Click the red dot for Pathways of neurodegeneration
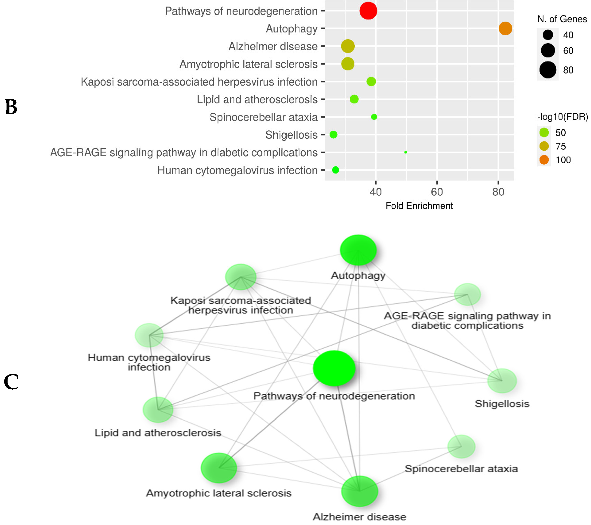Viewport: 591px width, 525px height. tap(368, 11)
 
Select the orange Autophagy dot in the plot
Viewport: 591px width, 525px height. tap(505, 28)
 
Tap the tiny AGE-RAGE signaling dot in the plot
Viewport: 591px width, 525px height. tap(406, 152)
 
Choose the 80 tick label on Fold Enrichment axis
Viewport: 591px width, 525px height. tap(498, 192)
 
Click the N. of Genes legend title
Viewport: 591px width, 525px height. tap(562, 19)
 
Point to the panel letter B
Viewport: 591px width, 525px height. tap(11, 107)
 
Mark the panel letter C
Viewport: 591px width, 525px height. tap(11, 382)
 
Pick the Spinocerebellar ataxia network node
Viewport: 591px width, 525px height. tap(461, 446)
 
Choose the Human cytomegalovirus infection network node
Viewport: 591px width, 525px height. tap(149, 335)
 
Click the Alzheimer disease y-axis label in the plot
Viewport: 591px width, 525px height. tap(273, 46)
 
